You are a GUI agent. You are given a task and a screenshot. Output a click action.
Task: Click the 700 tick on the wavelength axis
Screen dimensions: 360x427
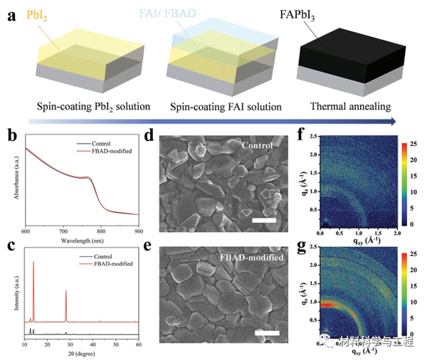click(x=63, y=231)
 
